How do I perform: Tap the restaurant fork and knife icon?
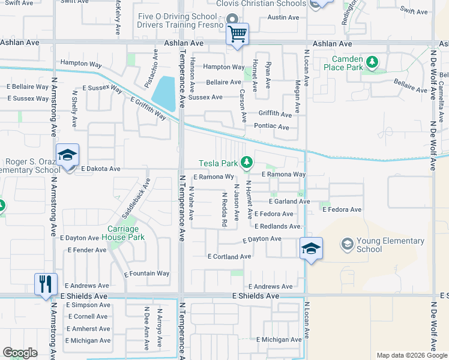[46, 284]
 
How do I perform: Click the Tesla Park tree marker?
[246, 162]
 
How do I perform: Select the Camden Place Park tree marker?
[372, 61]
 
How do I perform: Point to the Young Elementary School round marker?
[347, 244]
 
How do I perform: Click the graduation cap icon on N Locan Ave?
[311, 248]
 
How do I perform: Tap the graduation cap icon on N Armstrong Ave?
[67, 155]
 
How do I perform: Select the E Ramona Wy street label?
[214, 177]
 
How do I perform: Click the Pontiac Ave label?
[271, 127]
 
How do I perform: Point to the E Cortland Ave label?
[229, 256]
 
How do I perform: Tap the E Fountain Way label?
[146, 273]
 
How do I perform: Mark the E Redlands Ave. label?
[277, 226]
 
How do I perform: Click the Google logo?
[20, 353]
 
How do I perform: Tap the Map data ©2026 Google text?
[411, 355]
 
